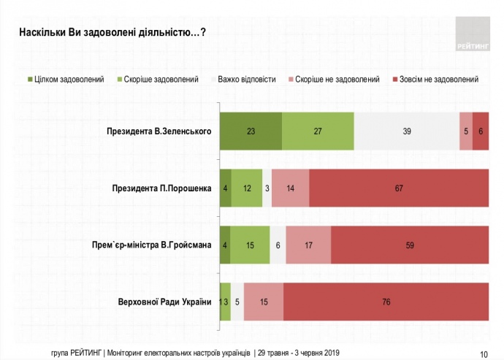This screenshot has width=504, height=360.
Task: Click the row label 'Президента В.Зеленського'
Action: point(159,131)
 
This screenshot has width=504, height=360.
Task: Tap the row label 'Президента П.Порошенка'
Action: point(161,188)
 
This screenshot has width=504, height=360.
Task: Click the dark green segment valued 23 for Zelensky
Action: point(251,131)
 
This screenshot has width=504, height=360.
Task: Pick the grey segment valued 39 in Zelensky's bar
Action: point(406,131)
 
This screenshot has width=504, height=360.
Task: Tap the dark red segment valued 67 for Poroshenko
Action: point(399,188)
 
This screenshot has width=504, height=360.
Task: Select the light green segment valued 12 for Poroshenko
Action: point(247,188)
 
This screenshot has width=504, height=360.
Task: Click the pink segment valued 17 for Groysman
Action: point(308,245)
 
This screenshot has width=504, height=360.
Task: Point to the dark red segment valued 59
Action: point(410,245)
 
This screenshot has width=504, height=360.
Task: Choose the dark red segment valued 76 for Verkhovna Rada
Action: point(386,302)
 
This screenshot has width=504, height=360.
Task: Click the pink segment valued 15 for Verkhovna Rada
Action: point(264,302)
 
